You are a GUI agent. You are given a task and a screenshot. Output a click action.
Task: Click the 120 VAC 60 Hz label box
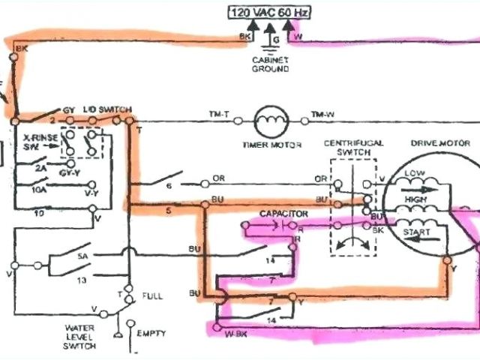(268, 13)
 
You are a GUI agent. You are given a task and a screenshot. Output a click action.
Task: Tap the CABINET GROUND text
(271, 63)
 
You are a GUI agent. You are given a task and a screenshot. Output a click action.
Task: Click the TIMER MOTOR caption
(268, 145)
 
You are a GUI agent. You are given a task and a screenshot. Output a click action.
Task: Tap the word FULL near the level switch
(152, 297)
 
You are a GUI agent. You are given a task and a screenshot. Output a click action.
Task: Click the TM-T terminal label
(219, 113)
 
